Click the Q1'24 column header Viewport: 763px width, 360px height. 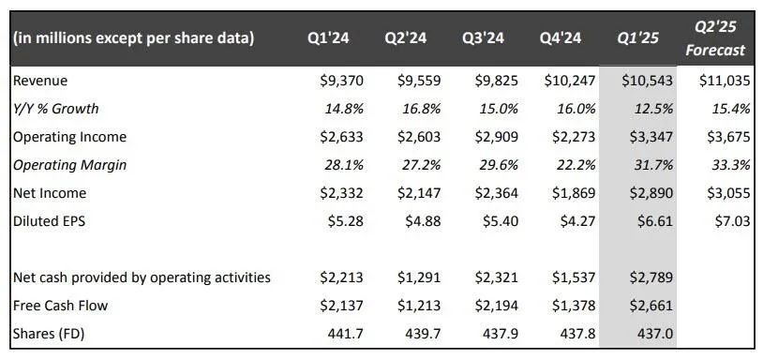328,38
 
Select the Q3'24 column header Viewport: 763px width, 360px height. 483,38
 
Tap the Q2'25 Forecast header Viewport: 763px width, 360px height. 715,38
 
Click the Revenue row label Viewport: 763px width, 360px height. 40,81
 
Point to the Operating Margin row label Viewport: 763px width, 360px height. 69,165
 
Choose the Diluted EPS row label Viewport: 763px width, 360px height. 49,221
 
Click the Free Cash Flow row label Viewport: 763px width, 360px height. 60,306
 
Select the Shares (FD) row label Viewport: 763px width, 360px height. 49,334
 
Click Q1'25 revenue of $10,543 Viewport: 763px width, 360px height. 647,81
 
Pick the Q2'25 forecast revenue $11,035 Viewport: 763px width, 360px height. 725,81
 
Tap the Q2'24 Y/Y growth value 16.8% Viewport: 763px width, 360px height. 422,109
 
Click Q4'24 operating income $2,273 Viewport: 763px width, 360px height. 574,137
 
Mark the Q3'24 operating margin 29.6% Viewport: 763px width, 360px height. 499,165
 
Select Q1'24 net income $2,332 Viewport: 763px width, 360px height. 341,193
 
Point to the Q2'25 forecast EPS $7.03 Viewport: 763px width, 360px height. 732,221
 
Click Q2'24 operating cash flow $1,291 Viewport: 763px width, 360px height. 419,277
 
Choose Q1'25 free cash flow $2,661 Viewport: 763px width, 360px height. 651,306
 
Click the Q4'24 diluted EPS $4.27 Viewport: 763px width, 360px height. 577,221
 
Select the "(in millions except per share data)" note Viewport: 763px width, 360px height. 133,38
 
